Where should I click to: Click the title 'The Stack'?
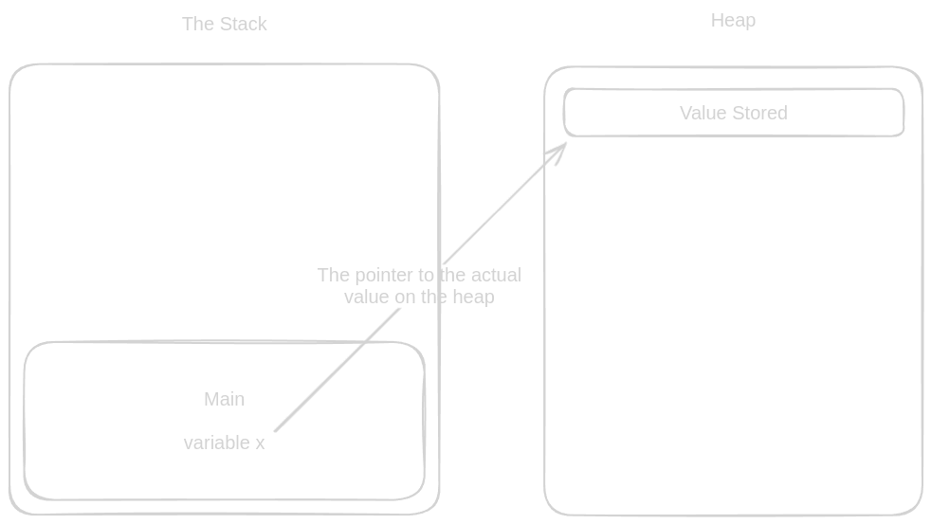(x=224, y=24)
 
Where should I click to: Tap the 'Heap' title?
(x=733, y=20)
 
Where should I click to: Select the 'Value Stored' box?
(x=734, y=113)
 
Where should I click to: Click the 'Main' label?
(x=224, y=399)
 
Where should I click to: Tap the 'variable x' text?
(x=224, y=443)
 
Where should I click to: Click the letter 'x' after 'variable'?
(x=260, y=443)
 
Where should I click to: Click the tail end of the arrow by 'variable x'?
(x=276, y=431)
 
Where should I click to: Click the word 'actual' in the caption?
(x=494, y=275)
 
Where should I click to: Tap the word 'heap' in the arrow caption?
(x=474, y=297)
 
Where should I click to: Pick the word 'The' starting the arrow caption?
(x=334, y=275)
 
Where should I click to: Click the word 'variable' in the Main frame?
(x=215, y=443)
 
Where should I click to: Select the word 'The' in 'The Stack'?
(x=198, y=24)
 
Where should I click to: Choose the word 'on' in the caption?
(x=405, y=297)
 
